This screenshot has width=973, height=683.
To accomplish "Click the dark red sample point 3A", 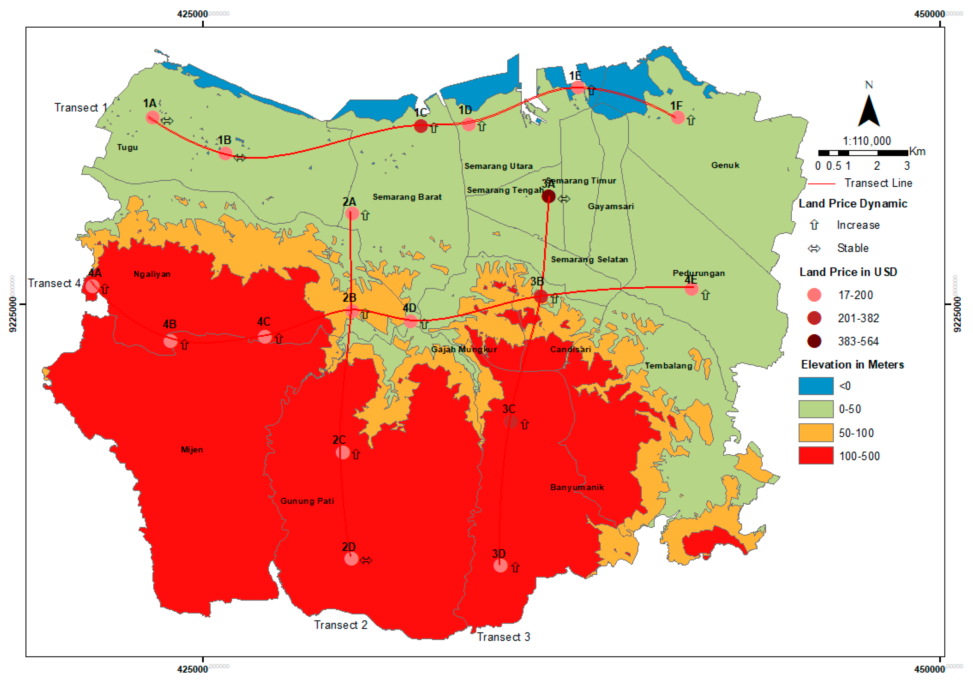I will tap(548, 196).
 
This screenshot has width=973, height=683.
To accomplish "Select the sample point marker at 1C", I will tap(421, 126).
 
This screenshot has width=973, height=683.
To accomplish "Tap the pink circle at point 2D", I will tap(351, 559).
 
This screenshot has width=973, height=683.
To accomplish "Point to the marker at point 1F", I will tap(678, 117).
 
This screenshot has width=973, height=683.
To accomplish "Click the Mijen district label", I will tap(192, 450).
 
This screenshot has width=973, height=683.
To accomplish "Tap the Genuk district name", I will tap(725, 165).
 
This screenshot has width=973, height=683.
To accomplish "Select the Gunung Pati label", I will tap(307, 501).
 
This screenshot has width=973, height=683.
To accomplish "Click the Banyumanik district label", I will tap(577, 487).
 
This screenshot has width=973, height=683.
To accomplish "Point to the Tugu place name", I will tap(128, 147).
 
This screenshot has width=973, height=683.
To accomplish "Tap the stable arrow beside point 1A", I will tap(167, 121).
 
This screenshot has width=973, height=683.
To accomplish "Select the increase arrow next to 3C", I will tap(525, 425).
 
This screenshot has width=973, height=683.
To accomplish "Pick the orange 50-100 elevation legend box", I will tap(816, 433).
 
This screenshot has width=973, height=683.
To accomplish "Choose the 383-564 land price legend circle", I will tap(814, 341).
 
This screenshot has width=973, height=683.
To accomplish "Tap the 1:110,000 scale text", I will tap(867, 141).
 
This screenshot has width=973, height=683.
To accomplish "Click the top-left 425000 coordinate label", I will tap(193, 14).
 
